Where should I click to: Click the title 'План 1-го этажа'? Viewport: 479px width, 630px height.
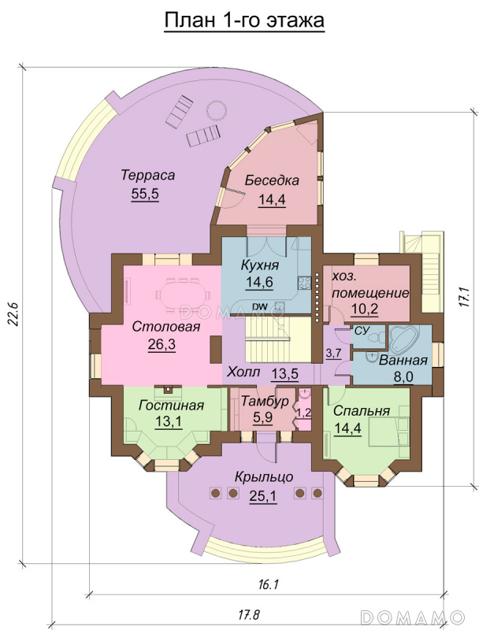click(244, 20)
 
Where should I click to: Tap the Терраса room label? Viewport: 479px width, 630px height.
click(148, 175)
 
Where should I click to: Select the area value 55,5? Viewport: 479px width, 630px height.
click(145, 194)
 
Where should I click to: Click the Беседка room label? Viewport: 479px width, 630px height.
click(272, 180)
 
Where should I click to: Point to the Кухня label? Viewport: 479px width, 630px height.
click(260, 265)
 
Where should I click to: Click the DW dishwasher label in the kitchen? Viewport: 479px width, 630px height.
click(260, 307)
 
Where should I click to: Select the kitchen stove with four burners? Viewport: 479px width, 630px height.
click(304, 283)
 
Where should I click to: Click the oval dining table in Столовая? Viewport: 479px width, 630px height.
click(183, 297)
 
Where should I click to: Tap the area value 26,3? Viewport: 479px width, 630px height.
click(162, 345)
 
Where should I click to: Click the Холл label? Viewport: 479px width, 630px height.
click(243, 372)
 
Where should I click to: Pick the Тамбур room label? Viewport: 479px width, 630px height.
click(265, 401)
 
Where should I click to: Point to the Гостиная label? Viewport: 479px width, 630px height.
click(171, 406)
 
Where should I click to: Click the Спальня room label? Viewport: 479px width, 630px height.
click(362, 411)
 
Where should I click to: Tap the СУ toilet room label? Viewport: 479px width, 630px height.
click(360, 331)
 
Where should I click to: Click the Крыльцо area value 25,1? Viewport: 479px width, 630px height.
click(263, 497)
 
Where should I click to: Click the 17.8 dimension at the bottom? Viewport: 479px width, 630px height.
click(248, 614)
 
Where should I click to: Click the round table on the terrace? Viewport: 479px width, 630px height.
click(217, 109)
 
